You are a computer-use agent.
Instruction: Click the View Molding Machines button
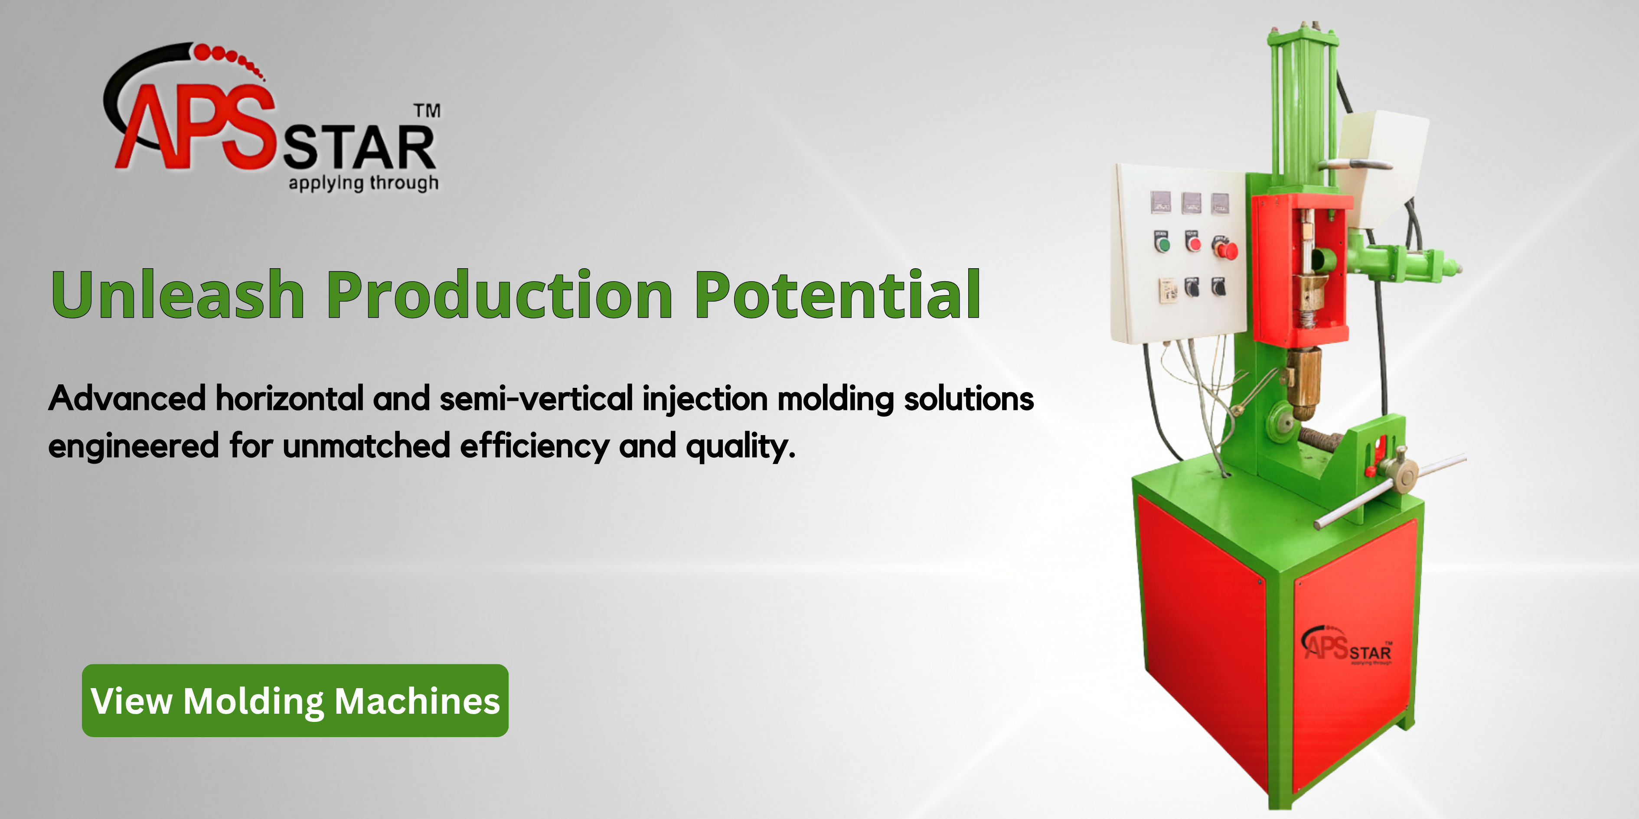click(295, 701)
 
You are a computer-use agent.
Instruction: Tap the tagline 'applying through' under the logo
click(363, 183)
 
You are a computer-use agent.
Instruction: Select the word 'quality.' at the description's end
click(741, 446)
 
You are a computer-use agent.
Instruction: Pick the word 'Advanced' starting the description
click(127, 399)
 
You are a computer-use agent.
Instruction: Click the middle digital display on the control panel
click(1191, 204)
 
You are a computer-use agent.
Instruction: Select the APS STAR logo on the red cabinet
click(1346, 646)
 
